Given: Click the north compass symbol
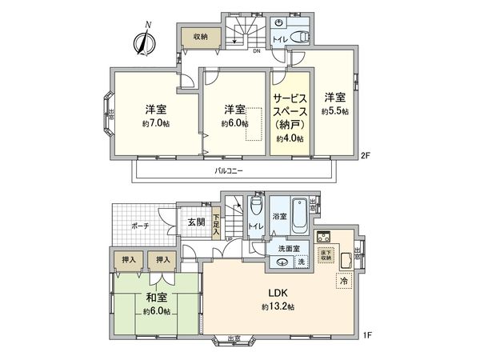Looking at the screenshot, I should click(x=143, y=42).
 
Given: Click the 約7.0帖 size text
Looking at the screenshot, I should click(x=155, y=124).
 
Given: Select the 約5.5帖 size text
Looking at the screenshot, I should click(x=334, y=112).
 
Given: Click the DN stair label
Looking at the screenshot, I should click(x=257, y=51).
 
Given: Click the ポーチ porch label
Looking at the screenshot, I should click(x=139, y=226).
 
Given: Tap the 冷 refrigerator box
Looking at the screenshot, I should click(x=343, y=281).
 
